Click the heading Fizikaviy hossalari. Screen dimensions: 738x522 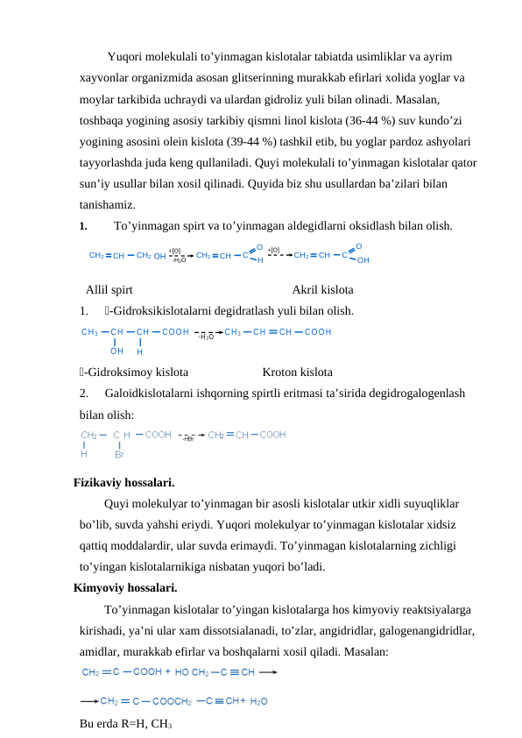tap(123, 482)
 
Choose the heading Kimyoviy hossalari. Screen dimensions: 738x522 tap(125, 587)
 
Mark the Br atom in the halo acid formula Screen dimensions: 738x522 tap(119, 454)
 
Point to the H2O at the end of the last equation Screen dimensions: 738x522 tap(259, 701)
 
